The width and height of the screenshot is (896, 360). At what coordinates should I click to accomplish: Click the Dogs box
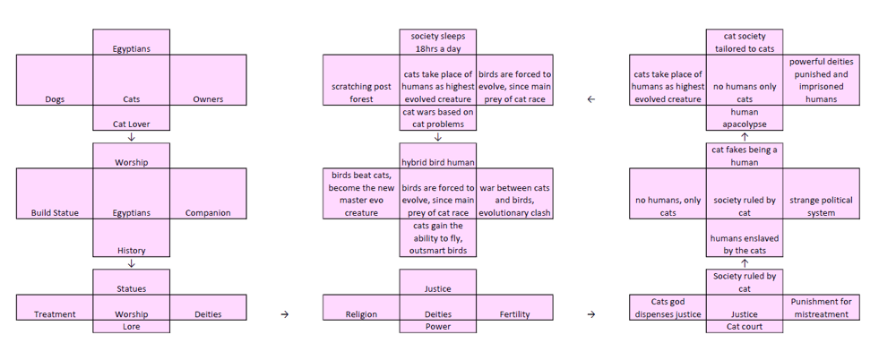tap(55, 81)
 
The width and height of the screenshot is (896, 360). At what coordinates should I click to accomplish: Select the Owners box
tap(208, 81)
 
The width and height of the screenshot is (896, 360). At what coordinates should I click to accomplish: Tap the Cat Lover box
tap(131, 118)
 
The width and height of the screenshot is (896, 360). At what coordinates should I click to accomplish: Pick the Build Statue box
tap(55, 194)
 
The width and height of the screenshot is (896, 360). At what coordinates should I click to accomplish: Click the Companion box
tap(208, 194)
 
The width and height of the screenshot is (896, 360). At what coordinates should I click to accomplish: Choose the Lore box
tap(131, 327)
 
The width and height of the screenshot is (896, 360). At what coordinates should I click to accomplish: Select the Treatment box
tap(55, 308)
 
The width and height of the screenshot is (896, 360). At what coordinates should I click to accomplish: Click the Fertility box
tap(514, 308)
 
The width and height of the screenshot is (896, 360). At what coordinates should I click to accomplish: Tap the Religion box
tap(361, 308)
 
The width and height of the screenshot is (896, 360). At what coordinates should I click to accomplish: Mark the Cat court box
tap(744, 327)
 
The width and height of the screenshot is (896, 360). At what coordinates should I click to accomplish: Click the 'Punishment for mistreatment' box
tap(821, 308)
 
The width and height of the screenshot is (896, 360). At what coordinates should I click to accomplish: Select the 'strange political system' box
tap(821, 194)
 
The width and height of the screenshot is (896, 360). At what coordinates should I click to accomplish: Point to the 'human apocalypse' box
tap(744, 118)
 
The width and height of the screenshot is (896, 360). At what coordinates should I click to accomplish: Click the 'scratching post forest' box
tap(361, 81)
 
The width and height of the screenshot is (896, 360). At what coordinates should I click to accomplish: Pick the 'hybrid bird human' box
tap(437, 156)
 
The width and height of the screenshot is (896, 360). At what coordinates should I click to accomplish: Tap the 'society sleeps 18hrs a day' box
tap(437, 42)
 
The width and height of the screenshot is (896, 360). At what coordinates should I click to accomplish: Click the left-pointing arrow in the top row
tap(590, 99)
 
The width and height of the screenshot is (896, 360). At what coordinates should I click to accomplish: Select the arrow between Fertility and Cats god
tap(590, 314)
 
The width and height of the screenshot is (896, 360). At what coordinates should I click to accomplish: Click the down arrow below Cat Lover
tap(132, 137)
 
